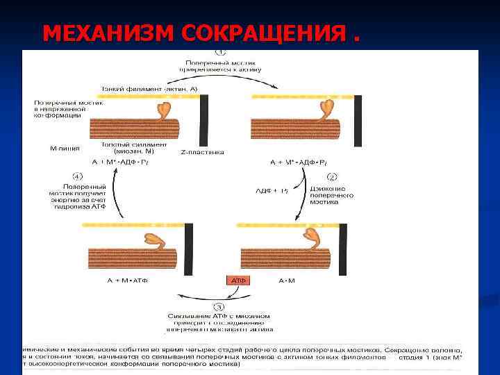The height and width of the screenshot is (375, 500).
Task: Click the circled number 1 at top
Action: (x=220, y=52)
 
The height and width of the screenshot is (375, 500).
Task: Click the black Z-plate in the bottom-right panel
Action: (x=342, y=249)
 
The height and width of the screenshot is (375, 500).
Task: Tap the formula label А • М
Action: (x=287, y=281)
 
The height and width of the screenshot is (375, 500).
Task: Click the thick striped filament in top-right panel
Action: (x=292, y=130)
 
